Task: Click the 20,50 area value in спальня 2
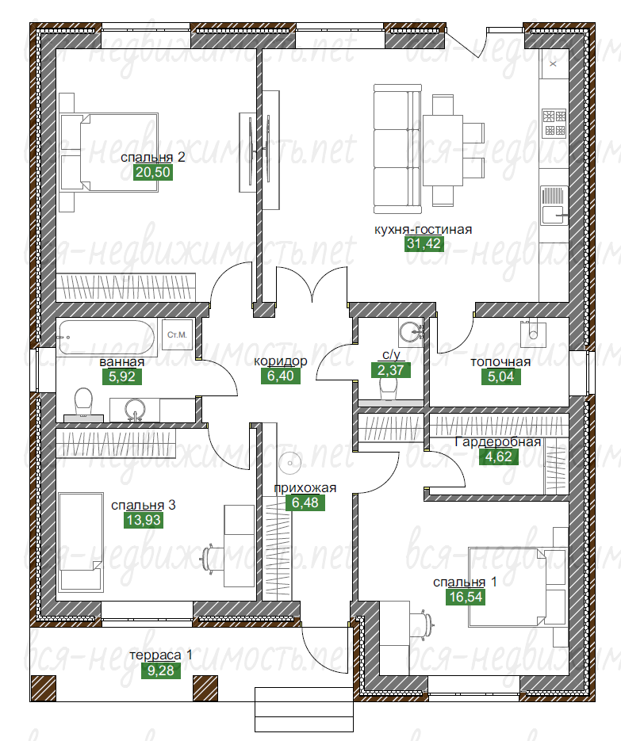(x=153, y=172)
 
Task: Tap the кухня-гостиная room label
(x=424, y=230)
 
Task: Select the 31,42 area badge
(x=424, y=244)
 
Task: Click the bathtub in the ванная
(x=106, y=338)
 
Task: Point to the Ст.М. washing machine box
(x=177, y=334)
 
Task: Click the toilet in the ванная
(x=84, y=405)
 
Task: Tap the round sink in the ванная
(x=136, y=409)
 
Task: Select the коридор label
(x=281, y=361)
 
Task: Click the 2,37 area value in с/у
(x=391, y=370)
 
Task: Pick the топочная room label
(x=500, y=362)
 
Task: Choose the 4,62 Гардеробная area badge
(x=499, y=457)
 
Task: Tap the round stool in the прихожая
(x=290, y=463)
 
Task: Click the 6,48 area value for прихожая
(x=305, y=502)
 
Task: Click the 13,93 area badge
(x=144, y=521)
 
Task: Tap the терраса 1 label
(x=161, y=655)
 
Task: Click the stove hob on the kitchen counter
(x=554, y=123)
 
